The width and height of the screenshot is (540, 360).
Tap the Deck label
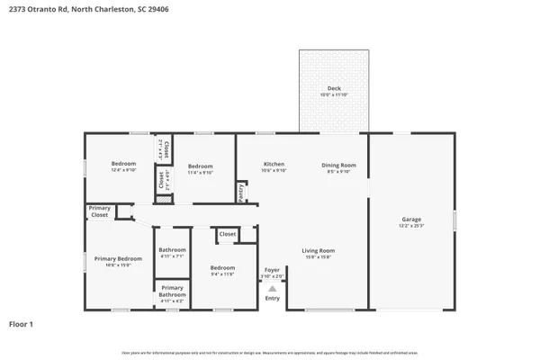[333, 88]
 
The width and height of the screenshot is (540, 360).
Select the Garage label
[411, 220]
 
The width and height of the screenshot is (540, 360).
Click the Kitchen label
[274, 165]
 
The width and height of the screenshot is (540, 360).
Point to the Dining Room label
[339, 165]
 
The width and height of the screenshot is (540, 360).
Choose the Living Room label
[318, 250]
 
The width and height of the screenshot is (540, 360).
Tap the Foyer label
[272, 269]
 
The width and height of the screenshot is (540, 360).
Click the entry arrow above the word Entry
[272, 288]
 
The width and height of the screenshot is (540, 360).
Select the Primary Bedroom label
[119, 259]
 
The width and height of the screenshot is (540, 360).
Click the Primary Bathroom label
[172, 291]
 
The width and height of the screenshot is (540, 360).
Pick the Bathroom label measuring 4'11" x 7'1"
[172, 250]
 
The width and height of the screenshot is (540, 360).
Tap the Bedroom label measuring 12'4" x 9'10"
[123, 164]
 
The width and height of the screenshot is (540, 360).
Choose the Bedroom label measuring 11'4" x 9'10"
[201, 166]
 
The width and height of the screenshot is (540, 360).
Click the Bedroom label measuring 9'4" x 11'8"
[222, 267]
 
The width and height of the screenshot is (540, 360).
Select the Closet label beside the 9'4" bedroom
[228, 234]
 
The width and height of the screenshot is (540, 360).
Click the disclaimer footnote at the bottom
[270, 352]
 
